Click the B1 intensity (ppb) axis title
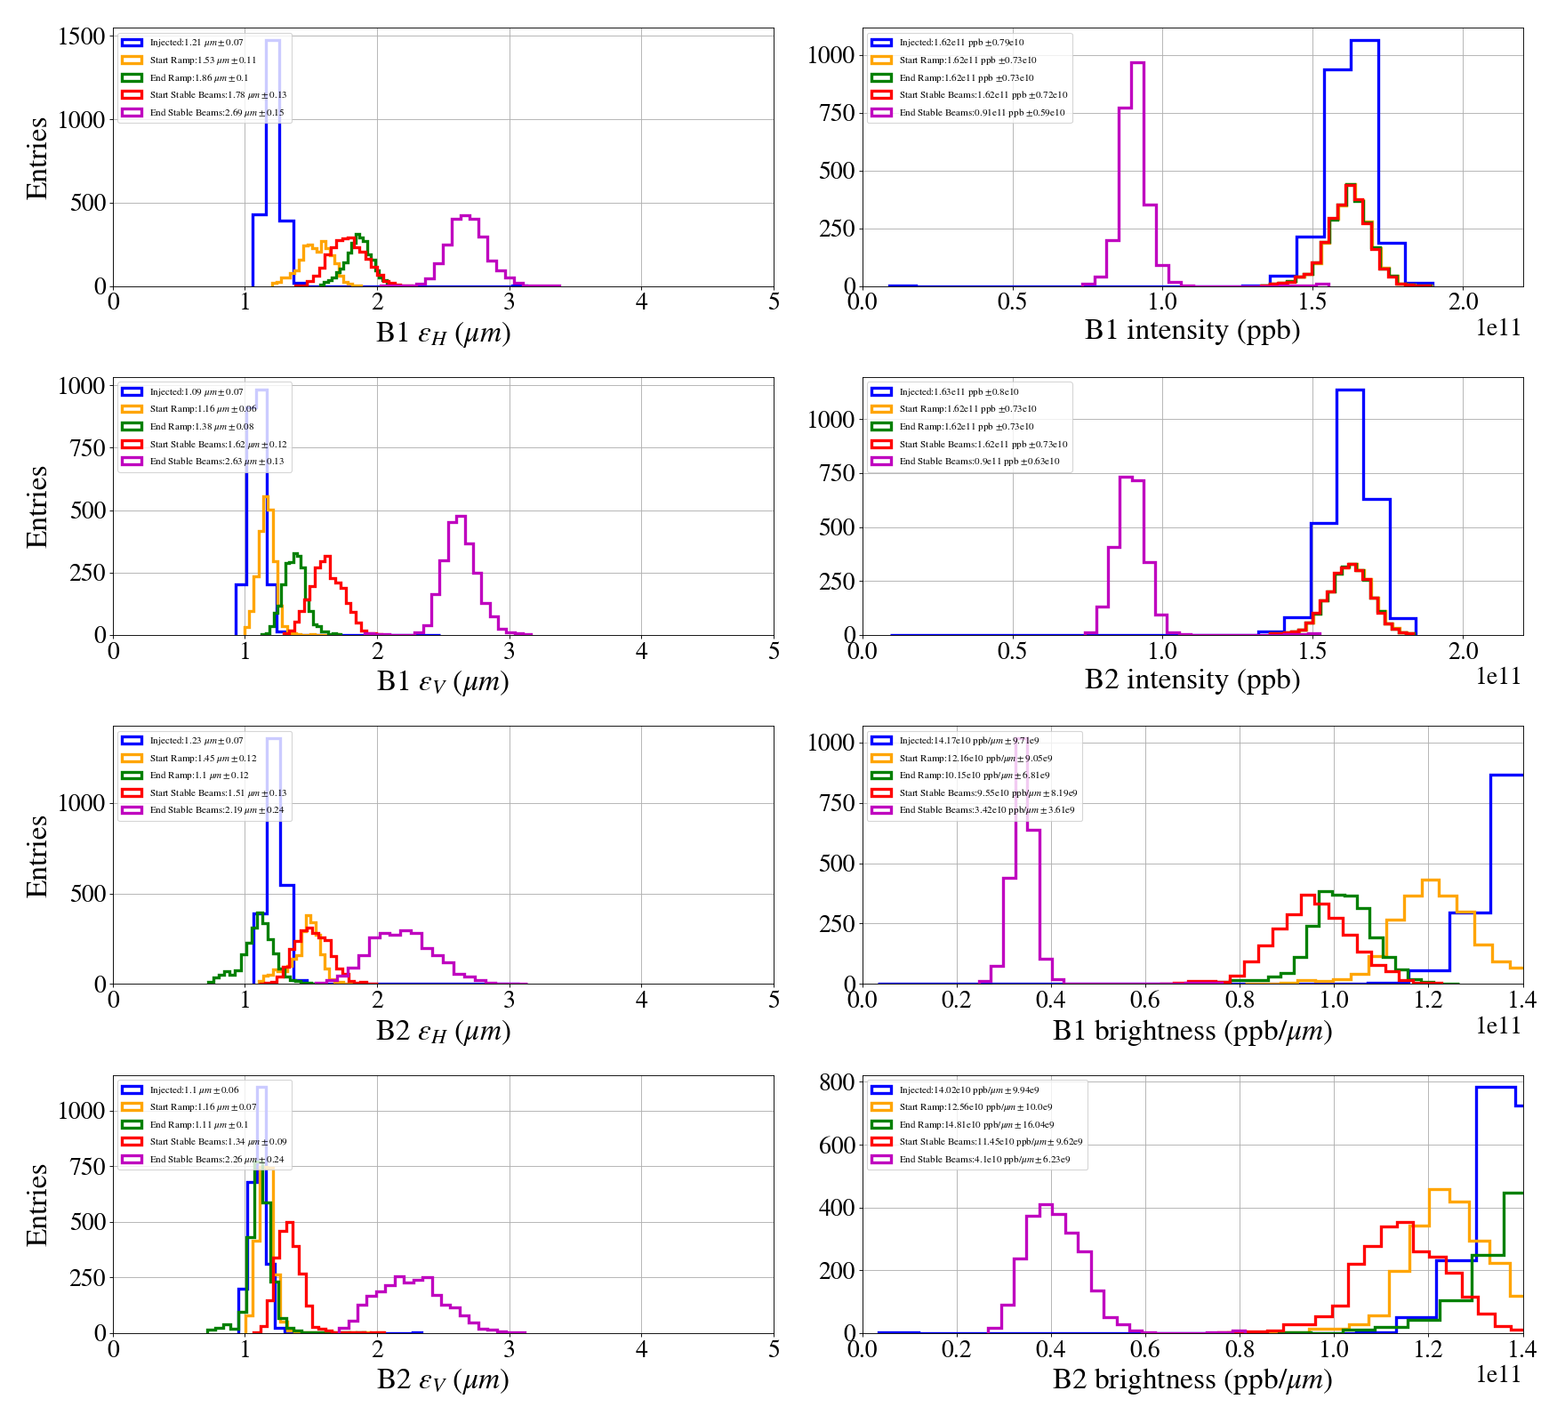(1192, 331)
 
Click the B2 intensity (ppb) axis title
(1192, 680)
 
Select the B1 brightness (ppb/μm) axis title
(1192, 1031)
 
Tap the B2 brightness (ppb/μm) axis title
(1192, 1379)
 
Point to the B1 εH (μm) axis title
(443, 334)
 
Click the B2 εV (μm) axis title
(443, 1380)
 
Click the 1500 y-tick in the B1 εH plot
(82, 36)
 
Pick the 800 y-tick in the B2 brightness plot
(837, 1082)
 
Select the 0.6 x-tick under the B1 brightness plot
(1144, 1000)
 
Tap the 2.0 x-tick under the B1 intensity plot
(1463, 301)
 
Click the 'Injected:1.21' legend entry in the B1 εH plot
(196, 43)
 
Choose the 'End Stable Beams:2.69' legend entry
(216, 113)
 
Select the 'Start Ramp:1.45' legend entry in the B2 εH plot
(203, 759)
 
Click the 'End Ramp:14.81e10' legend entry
(975, 1125)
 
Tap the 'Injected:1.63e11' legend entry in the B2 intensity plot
(959, 392)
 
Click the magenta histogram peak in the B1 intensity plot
(1136, 63)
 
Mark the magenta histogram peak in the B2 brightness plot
(1046, 1206)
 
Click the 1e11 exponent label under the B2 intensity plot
(1498, 677)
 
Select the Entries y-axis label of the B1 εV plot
(37, 506)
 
